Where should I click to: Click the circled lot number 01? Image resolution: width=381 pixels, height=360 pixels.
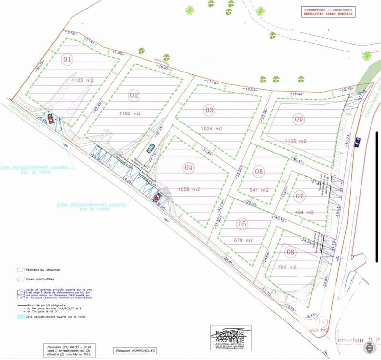tap(68, 60)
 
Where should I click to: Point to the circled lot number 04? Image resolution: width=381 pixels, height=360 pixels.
tap(189, 168)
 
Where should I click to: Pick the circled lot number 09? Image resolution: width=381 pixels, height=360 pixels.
tap(299, 119)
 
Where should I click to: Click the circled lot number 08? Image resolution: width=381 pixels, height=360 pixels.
tap(259, 171)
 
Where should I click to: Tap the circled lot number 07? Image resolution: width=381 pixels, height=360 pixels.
tap(299, 195)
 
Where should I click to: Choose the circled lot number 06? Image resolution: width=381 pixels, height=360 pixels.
tap(291, 252)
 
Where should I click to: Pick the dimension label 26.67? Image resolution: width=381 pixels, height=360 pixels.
tap(164, 67)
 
